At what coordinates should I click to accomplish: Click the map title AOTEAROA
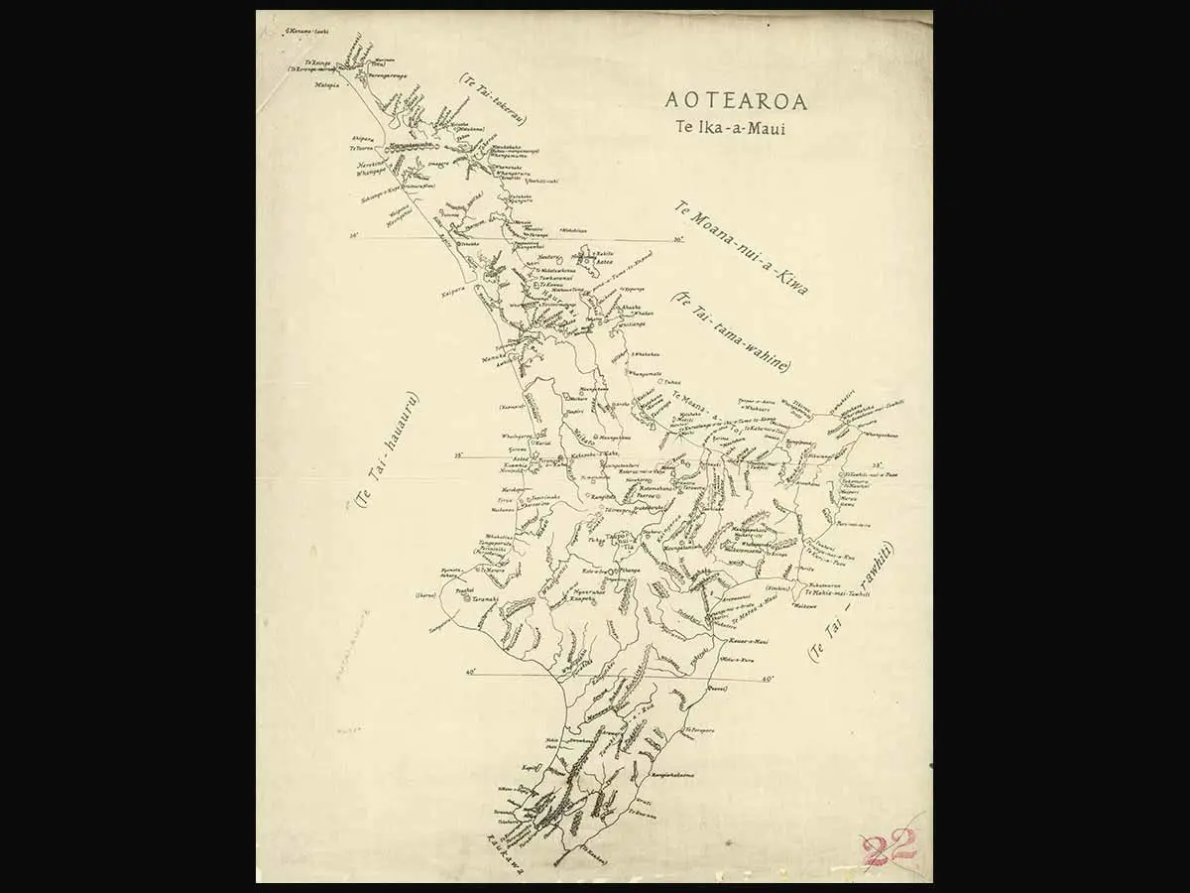[736, 101]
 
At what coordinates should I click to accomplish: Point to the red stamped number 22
[888, 848]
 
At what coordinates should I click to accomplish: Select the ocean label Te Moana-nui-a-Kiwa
[741, 249]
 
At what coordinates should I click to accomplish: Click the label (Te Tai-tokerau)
[493, 98]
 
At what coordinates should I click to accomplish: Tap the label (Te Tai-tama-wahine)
[730, 331]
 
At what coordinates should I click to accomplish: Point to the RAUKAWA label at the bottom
[505, 853]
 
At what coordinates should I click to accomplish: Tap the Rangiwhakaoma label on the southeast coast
[671, 774]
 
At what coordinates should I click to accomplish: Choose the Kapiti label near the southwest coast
[531, 767]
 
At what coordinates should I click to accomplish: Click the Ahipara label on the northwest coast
[362, 138]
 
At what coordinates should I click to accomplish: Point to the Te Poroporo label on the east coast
[700, 730]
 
